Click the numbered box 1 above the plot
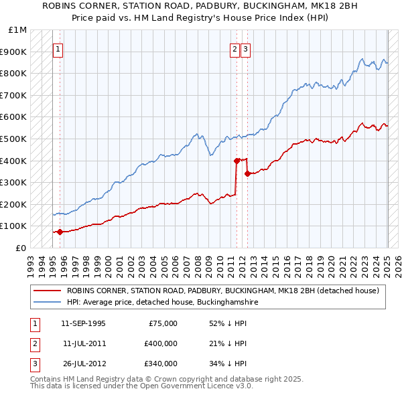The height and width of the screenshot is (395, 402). (x=58, y=49)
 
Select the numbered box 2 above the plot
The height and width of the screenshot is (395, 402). (x=235, y=49)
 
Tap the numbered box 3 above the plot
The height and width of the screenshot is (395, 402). (x=246, y=49)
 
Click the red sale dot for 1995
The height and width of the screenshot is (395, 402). (x=60, y=232)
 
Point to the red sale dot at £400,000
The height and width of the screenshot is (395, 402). (x=237, y=161)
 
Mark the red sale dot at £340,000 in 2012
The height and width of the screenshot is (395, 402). (x=248, y=173)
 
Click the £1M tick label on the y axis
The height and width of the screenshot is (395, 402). (x=18, y=30)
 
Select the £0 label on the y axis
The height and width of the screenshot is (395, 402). (x=21, y=248)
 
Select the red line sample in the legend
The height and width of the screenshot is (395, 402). (x=46, y=291)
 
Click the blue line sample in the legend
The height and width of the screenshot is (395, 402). (x=46, y=303)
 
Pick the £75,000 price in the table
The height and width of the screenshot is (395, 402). (x=161, y=323)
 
